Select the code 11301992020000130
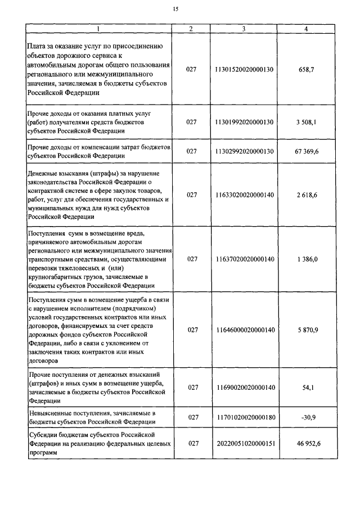pos(244,121)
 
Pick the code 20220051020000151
pos(244,443)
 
